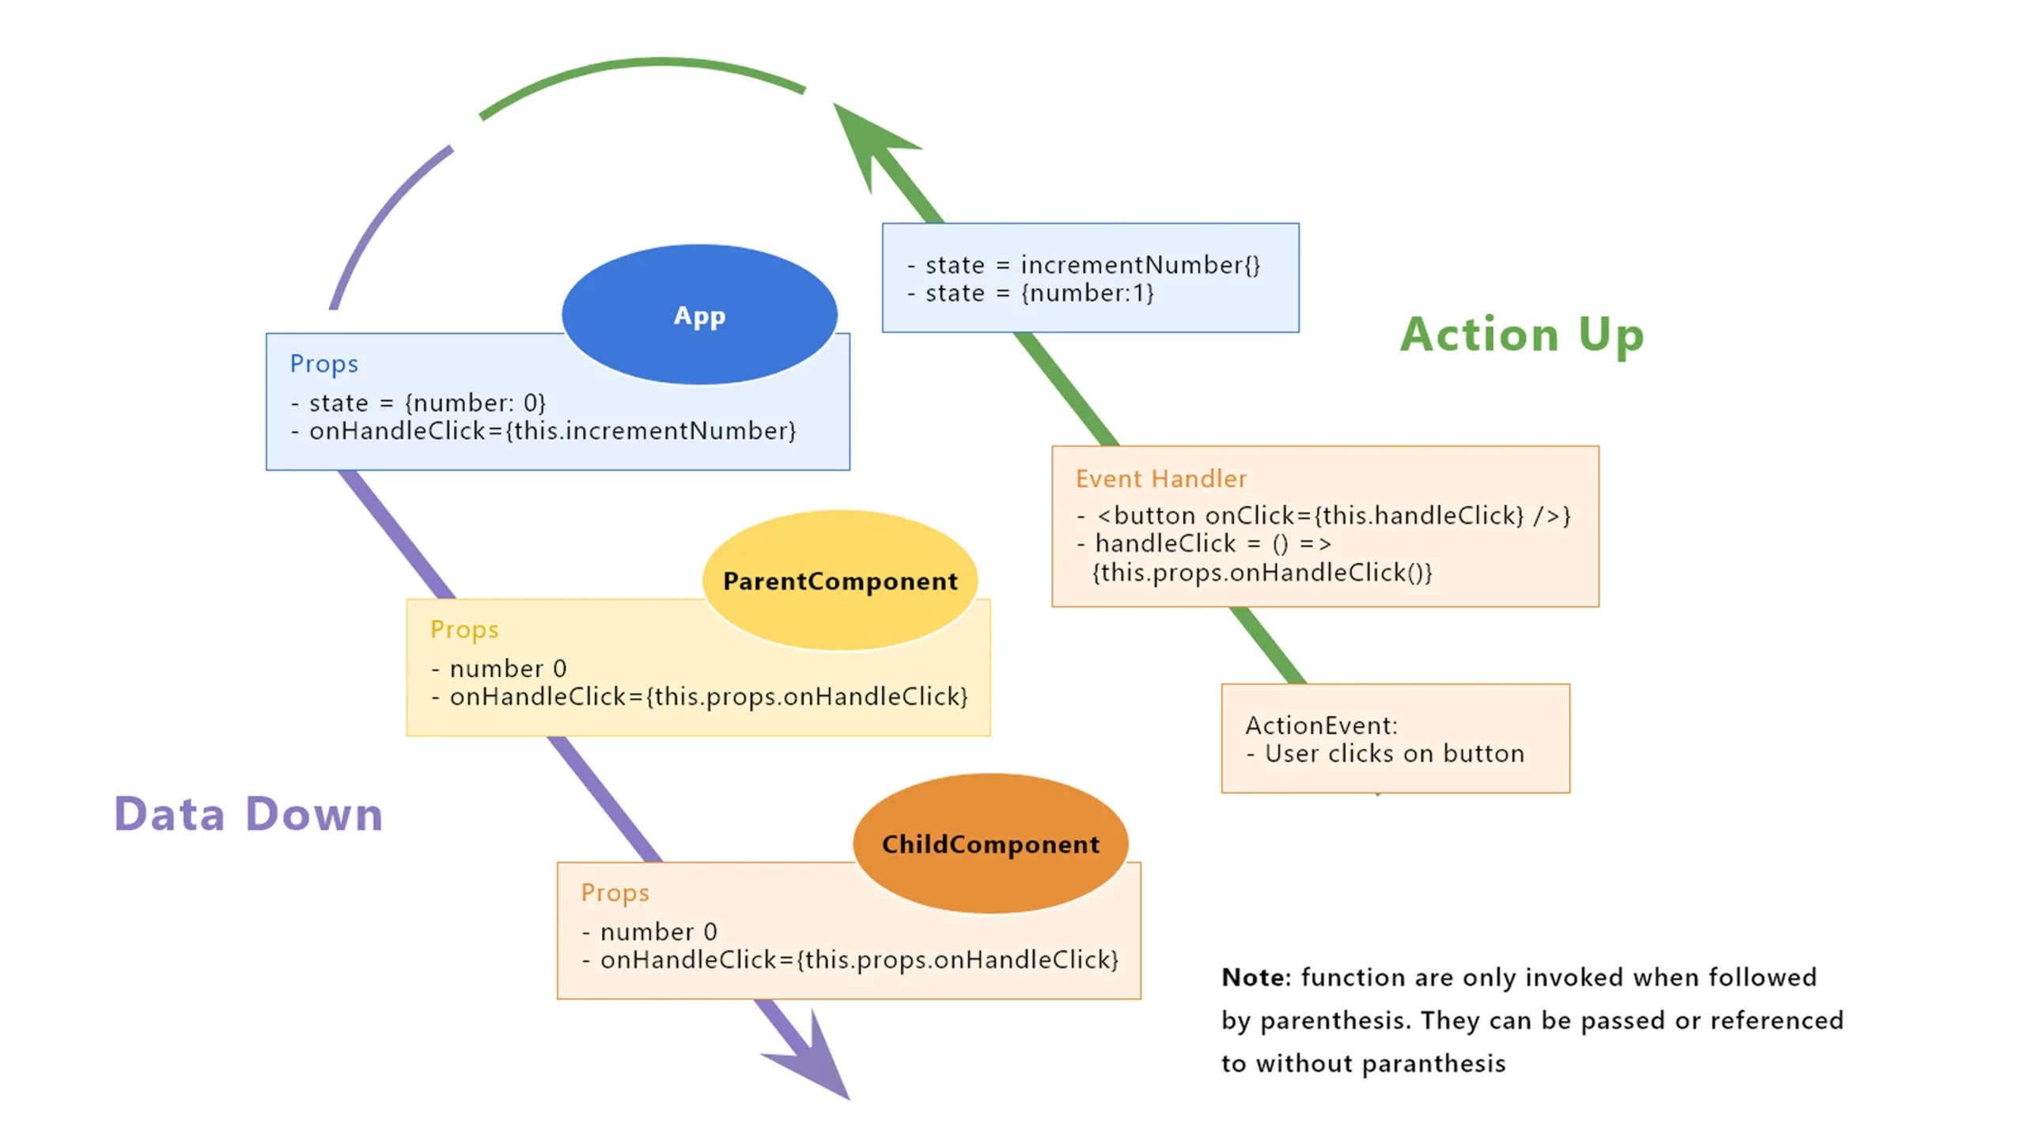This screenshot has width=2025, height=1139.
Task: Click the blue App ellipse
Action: pos(699,315)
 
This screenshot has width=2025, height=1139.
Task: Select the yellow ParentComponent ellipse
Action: pos(840,581)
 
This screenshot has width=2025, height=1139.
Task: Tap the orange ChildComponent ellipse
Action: pos(990,844)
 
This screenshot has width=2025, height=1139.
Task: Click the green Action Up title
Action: pos(1522,335)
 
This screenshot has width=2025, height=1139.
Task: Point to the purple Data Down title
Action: pos(248,814)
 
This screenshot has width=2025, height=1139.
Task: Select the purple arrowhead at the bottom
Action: pos(815,1060)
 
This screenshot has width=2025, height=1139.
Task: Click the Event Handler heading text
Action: pos(1160,479)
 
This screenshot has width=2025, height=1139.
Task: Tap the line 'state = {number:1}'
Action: pos(1039,293)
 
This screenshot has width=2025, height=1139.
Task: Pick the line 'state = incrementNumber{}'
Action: pos(1092,265)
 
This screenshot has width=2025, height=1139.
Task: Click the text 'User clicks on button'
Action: pos(1394,754)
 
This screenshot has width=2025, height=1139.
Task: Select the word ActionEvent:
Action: pos(1321,725)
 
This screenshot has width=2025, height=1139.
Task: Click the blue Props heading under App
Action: pos(324,364)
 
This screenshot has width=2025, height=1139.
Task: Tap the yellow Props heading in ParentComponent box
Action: pos(464,630)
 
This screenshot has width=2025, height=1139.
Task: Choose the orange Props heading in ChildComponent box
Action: pos(615,892)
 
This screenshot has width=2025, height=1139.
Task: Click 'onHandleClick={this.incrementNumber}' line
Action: pos(552,431)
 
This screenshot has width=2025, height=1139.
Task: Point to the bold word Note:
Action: pos(1255,978)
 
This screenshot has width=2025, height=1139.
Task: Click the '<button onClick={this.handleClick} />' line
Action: pos(1333,516)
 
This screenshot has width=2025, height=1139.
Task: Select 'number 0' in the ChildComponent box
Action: pos(658,932)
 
